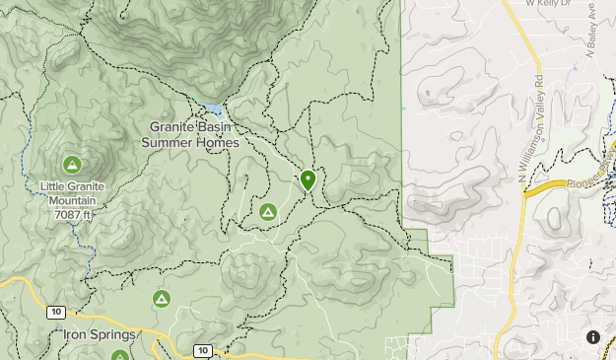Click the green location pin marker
coord(308,180)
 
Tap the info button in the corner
coord(593,337)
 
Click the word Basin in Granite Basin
coord(214,127)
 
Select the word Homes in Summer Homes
coord(218,143)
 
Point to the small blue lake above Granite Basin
coord(212,108)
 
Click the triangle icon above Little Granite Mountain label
coord(71,164)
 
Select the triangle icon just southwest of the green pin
coord(267,212)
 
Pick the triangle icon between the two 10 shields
coord(161,298)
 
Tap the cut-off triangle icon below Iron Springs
coord(120,355)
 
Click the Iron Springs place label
coord(99,335)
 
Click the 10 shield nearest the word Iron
coord(55,313)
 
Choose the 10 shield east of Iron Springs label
coord(202,350)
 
